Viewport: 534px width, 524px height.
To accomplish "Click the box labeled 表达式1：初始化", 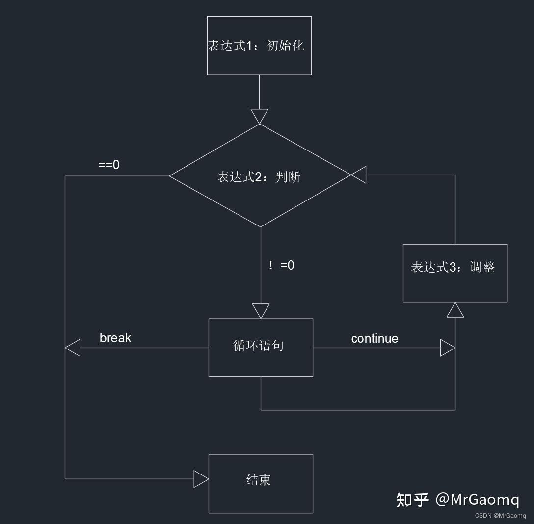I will [x=259, y=46].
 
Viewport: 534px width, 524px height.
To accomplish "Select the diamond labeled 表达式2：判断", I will [x=259, y=176].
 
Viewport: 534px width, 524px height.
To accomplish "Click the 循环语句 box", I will [x=261, y=348].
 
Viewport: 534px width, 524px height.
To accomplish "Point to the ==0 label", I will [x=108, y=165].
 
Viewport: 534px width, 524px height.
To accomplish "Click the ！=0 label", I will [x=281, y=265].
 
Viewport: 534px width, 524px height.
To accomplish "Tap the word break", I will [x=115, y=338].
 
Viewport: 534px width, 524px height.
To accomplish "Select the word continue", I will [x=374, y=338].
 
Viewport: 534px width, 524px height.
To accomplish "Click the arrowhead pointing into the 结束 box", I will [x=201, y=479].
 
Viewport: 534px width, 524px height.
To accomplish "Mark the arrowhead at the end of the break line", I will [x=73, y=348].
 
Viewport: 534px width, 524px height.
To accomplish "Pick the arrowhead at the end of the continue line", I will [x=448, y=348].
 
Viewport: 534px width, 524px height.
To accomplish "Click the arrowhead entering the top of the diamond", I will [x=259, y=117].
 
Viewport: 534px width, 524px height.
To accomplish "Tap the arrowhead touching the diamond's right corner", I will [x=359, y=175].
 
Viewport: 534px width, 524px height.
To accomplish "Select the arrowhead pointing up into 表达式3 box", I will [x=455, y=310].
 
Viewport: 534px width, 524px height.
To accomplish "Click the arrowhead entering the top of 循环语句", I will [x=261, y=311].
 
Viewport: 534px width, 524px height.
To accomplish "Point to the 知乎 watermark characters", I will [x=412, y=499].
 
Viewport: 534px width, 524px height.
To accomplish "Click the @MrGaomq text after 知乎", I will [x=477, y=499].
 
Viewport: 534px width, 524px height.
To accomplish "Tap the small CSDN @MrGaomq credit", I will [x=500, y=516].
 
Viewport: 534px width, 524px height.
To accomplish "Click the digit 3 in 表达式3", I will [x=453, y=267].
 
